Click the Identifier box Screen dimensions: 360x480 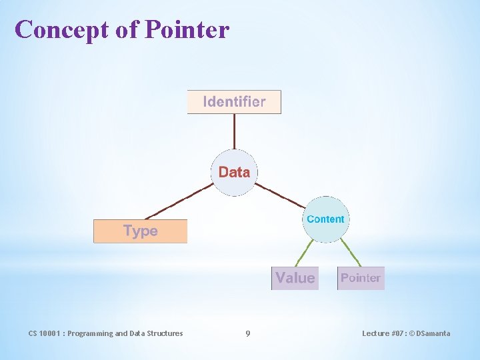point(234,102)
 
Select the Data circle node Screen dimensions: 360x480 point(234,172)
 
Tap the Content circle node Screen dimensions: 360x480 point(325,219)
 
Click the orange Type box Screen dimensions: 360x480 point(141,231)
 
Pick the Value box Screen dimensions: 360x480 point(295,278)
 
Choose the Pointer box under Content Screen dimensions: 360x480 point(361,278)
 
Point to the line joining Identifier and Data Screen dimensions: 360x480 point(234,131)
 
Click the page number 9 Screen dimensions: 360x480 point(248,333)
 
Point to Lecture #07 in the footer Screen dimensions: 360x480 point(383,333)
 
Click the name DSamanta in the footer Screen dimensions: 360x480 point(433,333)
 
